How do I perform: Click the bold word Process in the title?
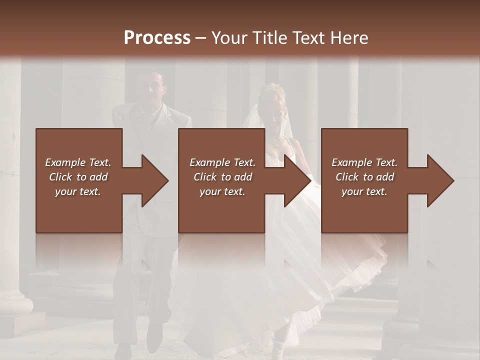point(157,38)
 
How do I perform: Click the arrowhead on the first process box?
point(152,180)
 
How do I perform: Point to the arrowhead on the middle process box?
point(295,180)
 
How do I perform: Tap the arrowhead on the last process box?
point(438,180)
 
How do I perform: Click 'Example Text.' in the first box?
point(78,162)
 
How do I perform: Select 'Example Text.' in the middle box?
point(222,162)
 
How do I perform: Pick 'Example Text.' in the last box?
point(364,162)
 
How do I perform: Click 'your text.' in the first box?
point(78,191)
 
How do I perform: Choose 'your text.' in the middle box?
point(222,191)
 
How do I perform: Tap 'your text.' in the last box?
point(364,191)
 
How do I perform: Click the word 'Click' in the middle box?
point(205,177)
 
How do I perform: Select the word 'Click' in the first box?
point(60,177)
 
